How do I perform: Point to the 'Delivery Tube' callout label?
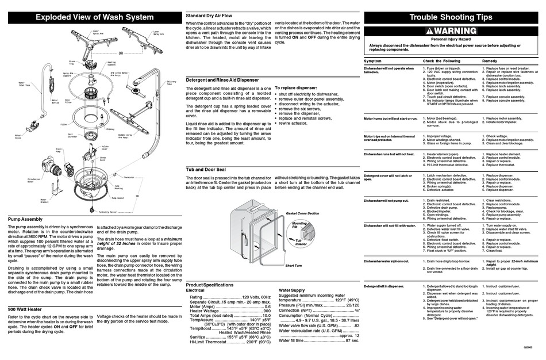point(171,82)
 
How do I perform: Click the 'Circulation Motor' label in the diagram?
point(34,181)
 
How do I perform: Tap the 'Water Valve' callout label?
point(18,136)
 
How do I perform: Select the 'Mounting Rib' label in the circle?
point(299,224)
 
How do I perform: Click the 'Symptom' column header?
point(373,60)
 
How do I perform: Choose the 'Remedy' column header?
point(490,60)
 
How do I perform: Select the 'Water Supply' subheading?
point(291,290)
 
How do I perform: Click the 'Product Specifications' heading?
point(210,285)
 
